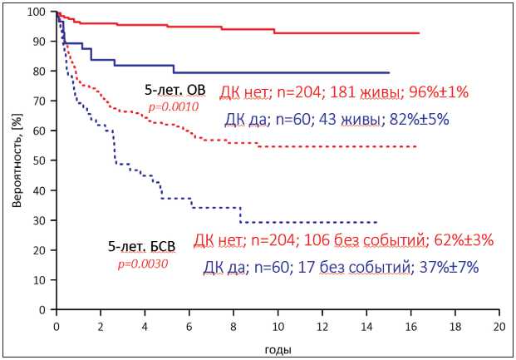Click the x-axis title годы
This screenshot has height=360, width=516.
tap(277, 349)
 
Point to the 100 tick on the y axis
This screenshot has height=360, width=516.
tap(41, 12)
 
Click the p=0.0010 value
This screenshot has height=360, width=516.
tap(171, 106)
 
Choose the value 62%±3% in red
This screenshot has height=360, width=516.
tap(461, 240)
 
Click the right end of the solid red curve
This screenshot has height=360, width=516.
tap(419, 33)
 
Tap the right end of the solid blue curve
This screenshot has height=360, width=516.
tap(389, 73)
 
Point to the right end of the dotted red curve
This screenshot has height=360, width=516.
tap(415, 146)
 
